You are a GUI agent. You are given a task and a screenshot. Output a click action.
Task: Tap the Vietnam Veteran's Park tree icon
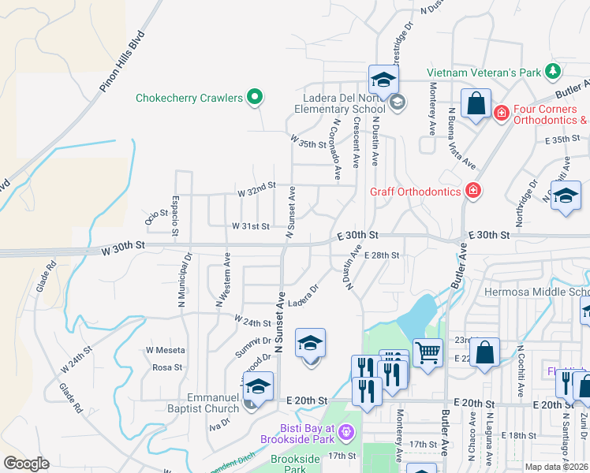555,72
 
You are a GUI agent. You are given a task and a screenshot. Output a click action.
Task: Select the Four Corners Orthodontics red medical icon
501,114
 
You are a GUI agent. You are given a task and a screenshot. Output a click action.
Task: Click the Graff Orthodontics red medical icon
472,190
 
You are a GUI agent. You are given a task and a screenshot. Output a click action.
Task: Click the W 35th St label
308,141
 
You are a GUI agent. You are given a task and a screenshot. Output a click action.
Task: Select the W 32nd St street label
256,186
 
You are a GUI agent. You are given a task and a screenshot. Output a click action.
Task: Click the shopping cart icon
428,352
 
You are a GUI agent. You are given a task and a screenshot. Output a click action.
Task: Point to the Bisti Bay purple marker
349,432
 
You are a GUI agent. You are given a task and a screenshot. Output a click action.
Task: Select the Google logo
26,464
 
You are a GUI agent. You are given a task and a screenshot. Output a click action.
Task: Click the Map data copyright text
556,467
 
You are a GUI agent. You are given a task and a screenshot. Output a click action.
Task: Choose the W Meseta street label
166,350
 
